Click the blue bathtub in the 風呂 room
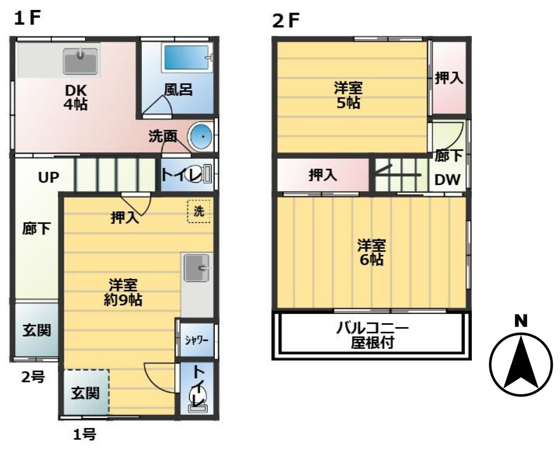pyautogui.click(x=187, y=58)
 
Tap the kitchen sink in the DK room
pyautogui.click(x=80, y=61)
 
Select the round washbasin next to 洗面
pyautogui.click(x=201, y=137)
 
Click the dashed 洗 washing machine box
pyautogui.click(x=199, y=211)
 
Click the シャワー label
pyautogui.click(x=197, y=340)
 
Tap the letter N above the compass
pyautogui.click(x=521, y=321)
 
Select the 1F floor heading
pyautogui.click(x=27, y=18)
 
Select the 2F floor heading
pyautogui.click(x=286, y=21)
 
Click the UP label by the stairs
pyautogui.click(x=49, y=177)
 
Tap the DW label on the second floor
pyautogui.click(x=447, y=180)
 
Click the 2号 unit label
pyautogui.click(x=33, y=377)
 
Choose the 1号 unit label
pyautogui.click(x=84, y=434)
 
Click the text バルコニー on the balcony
pyautogui.click(x=373, y=328)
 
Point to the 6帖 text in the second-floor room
pyautogui.click(x=371, y=260)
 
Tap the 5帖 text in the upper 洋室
pyautogui.click(x=348, y=102)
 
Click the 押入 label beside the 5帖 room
pyautogui.click(x=449, y=78)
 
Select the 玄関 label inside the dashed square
pyautogui.click(x=85, y=393)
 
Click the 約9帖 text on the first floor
pyautogui.click(x=123, y=300)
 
